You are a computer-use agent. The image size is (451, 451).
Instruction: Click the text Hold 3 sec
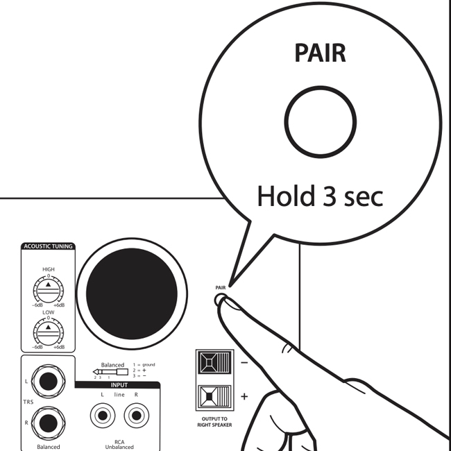[x=320, y=196]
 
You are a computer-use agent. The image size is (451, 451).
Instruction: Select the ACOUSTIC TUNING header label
[x=49, y=246]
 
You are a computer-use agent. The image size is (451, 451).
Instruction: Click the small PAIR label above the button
[x=221, y=285]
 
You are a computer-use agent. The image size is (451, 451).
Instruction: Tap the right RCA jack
[x=136, y=416]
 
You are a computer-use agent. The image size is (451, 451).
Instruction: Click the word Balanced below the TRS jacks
[x=49, y=446]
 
